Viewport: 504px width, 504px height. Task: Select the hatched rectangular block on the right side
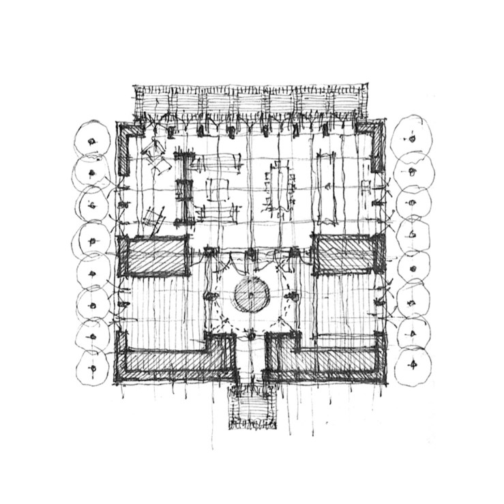tap(346, 254)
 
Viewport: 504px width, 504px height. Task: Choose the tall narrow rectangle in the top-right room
tap(326, 188)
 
